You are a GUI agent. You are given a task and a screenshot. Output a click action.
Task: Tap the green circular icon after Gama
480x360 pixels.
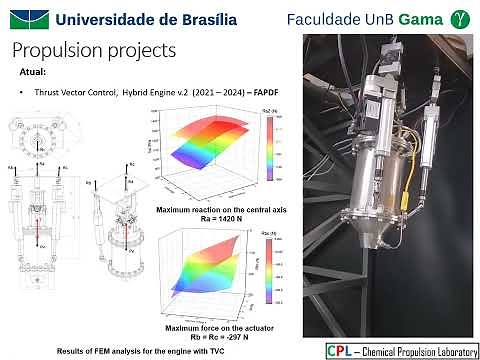459,18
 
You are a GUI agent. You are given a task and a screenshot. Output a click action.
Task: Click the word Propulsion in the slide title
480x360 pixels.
61,50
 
